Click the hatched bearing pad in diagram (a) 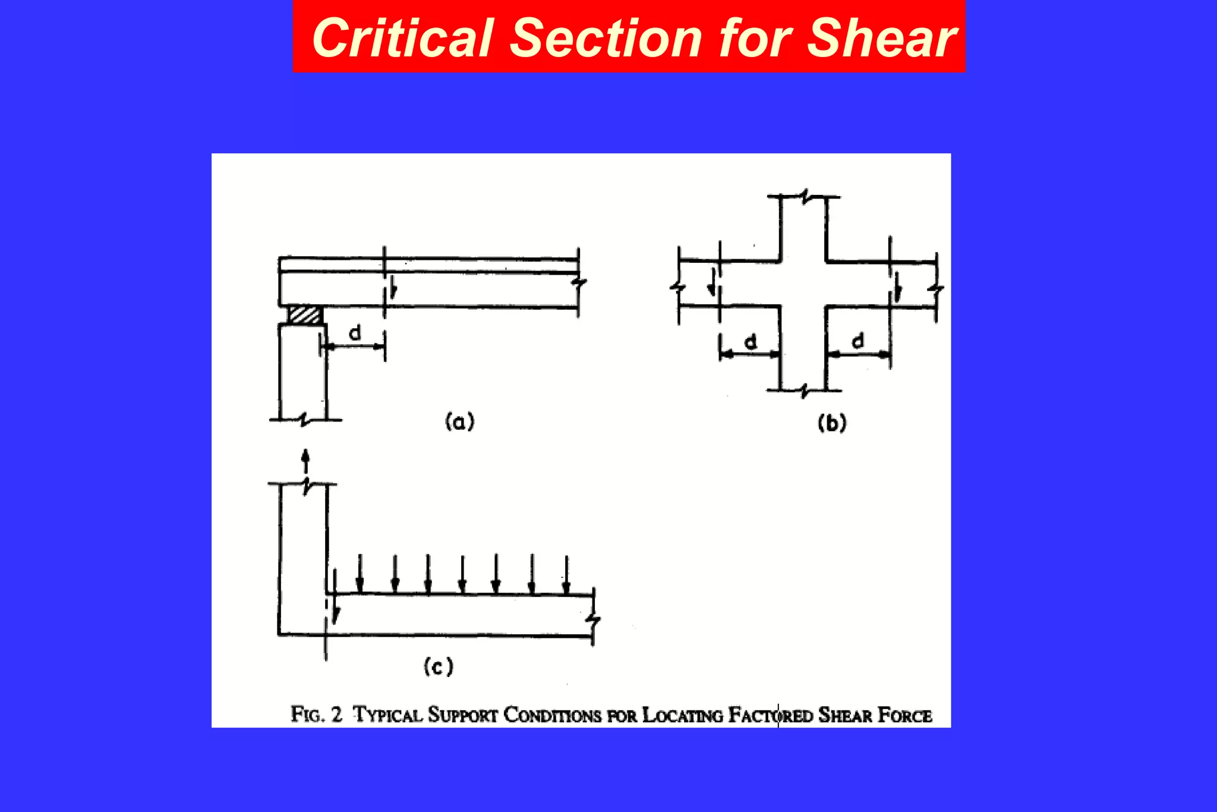pos(305,315)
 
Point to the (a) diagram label pos(460,421)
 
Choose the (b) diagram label pos(832,423)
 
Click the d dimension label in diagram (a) pos(355,333)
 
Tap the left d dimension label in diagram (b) pos(751,342)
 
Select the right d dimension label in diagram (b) pos(857,341)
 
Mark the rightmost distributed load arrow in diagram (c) pos(566,574)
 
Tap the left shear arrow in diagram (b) pos(711,282)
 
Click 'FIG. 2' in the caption pos(316,714)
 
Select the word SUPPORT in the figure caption pos(462,715)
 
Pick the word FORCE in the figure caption pos(904,715)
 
